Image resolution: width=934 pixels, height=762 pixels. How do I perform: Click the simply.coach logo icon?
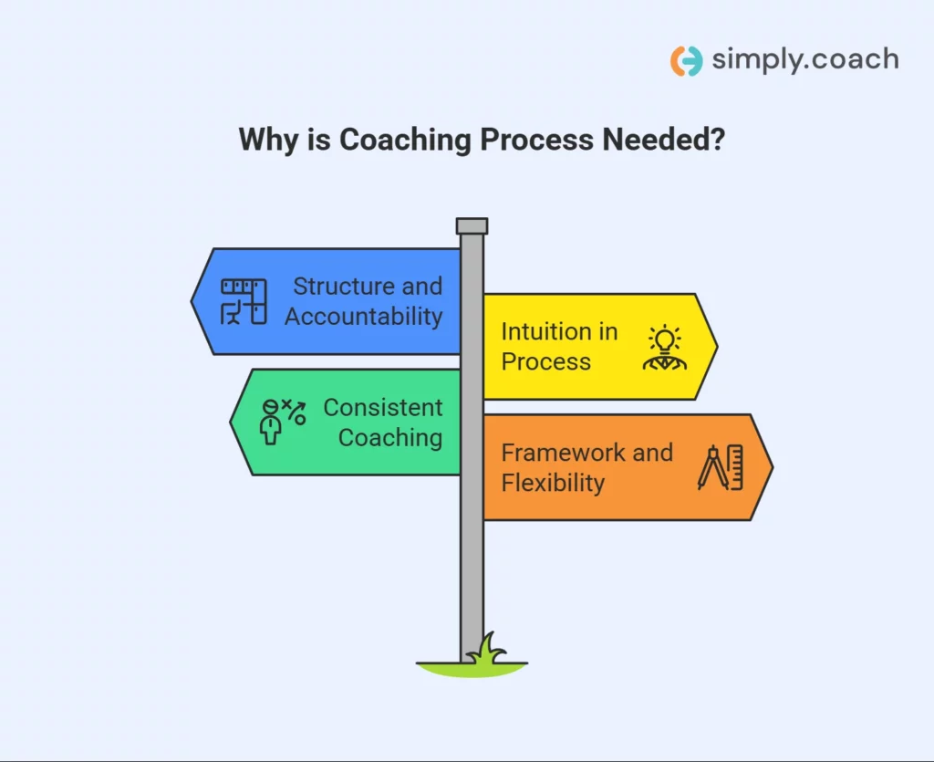click(687, 61)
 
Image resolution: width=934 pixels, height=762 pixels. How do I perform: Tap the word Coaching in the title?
click(405, 140)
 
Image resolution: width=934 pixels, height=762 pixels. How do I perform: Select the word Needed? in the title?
click(663, 139)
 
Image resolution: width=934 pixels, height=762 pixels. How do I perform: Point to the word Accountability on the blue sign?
click(364, 317)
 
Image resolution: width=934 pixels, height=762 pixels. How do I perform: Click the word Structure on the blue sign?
click(343, 287)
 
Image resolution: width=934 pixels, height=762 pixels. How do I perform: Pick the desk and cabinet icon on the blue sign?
click(244, 301)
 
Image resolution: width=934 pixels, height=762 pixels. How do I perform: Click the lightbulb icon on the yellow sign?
click(665, 348)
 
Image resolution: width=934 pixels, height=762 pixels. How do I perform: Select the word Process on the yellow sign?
click(546, 361)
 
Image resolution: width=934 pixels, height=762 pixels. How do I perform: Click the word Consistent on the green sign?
click(383, 408)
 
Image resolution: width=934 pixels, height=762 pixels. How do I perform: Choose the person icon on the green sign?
click(283, 422)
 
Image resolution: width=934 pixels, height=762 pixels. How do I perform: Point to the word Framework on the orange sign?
click(562, 453)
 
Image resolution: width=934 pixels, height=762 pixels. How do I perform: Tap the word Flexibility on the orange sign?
click(553, 483)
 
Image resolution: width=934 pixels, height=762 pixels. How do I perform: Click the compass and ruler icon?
click(721, 467)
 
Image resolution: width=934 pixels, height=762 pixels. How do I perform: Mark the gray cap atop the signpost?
click(472, 225)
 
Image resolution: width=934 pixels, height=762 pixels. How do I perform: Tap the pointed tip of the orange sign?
click(772, 467)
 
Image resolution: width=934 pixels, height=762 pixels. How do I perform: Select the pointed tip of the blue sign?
click(192, 301)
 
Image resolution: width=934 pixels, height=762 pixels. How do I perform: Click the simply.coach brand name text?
click(805, 60)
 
